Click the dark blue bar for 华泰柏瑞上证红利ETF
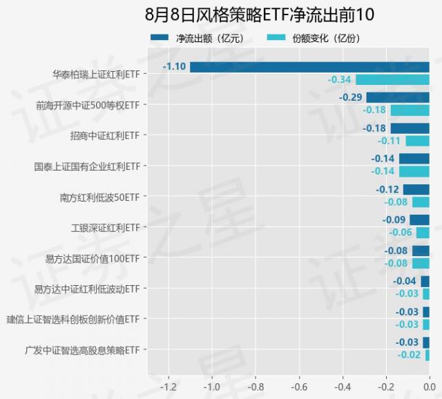(x=309, y=67)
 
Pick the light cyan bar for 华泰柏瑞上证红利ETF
(x=392, y=79)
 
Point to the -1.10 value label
(x=174, y=67)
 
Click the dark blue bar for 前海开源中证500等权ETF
(x=398, y=97)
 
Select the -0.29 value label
(x=351, y=97)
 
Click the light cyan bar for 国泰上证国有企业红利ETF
(x=414, y=171)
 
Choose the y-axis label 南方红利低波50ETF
(x=99, y=197)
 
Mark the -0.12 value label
(x=387, y=189)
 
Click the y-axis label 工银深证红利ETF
(x=106, y=227)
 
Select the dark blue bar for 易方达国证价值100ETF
(x=421, y=251)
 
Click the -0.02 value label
(x=409, y=355)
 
